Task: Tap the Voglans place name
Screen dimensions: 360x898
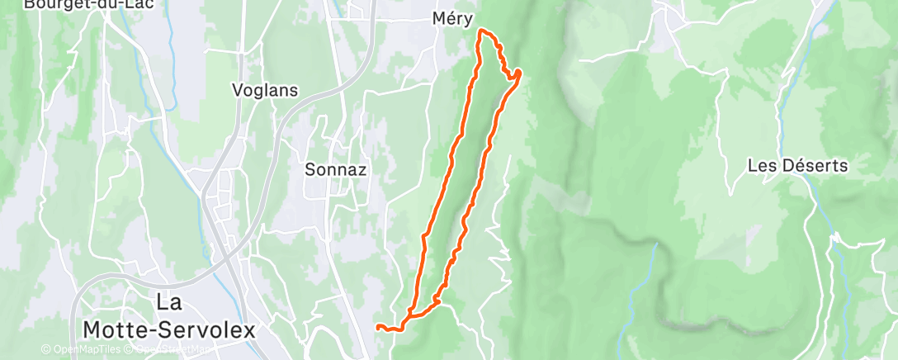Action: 265,90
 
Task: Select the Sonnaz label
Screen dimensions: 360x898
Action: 335,169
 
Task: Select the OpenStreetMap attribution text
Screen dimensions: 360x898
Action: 173,349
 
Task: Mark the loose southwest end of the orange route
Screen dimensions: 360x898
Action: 377,327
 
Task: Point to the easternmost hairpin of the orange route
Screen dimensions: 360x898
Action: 519,74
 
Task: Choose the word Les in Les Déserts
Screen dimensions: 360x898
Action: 759,165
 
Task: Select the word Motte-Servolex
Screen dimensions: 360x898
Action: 168,329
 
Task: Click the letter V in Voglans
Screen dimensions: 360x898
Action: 238,90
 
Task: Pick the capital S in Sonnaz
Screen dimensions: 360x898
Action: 310,169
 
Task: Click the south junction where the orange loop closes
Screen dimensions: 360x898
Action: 409,315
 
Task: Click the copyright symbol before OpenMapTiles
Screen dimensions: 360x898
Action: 45,349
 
